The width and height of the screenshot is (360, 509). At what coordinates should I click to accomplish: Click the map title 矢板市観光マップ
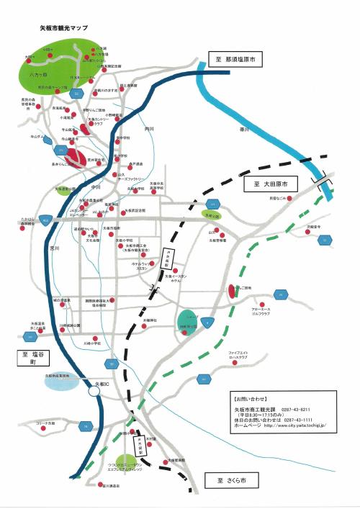(63, 27)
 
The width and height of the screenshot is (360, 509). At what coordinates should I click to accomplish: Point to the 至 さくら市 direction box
(231, 479)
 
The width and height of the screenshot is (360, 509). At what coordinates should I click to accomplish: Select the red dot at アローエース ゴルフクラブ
(265, 305)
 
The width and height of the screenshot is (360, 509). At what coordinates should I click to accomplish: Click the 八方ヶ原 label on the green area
(38, 73)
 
